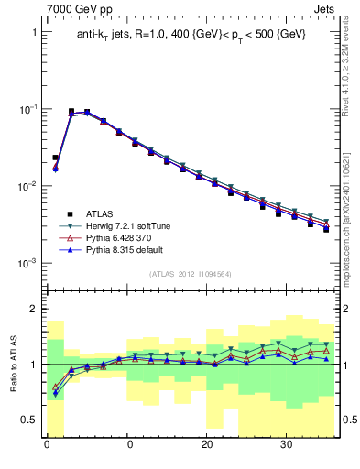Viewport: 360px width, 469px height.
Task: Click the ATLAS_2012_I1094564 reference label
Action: coord(190,273)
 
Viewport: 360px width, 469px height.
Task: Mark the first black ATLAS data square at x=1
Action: coord(55,158)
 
